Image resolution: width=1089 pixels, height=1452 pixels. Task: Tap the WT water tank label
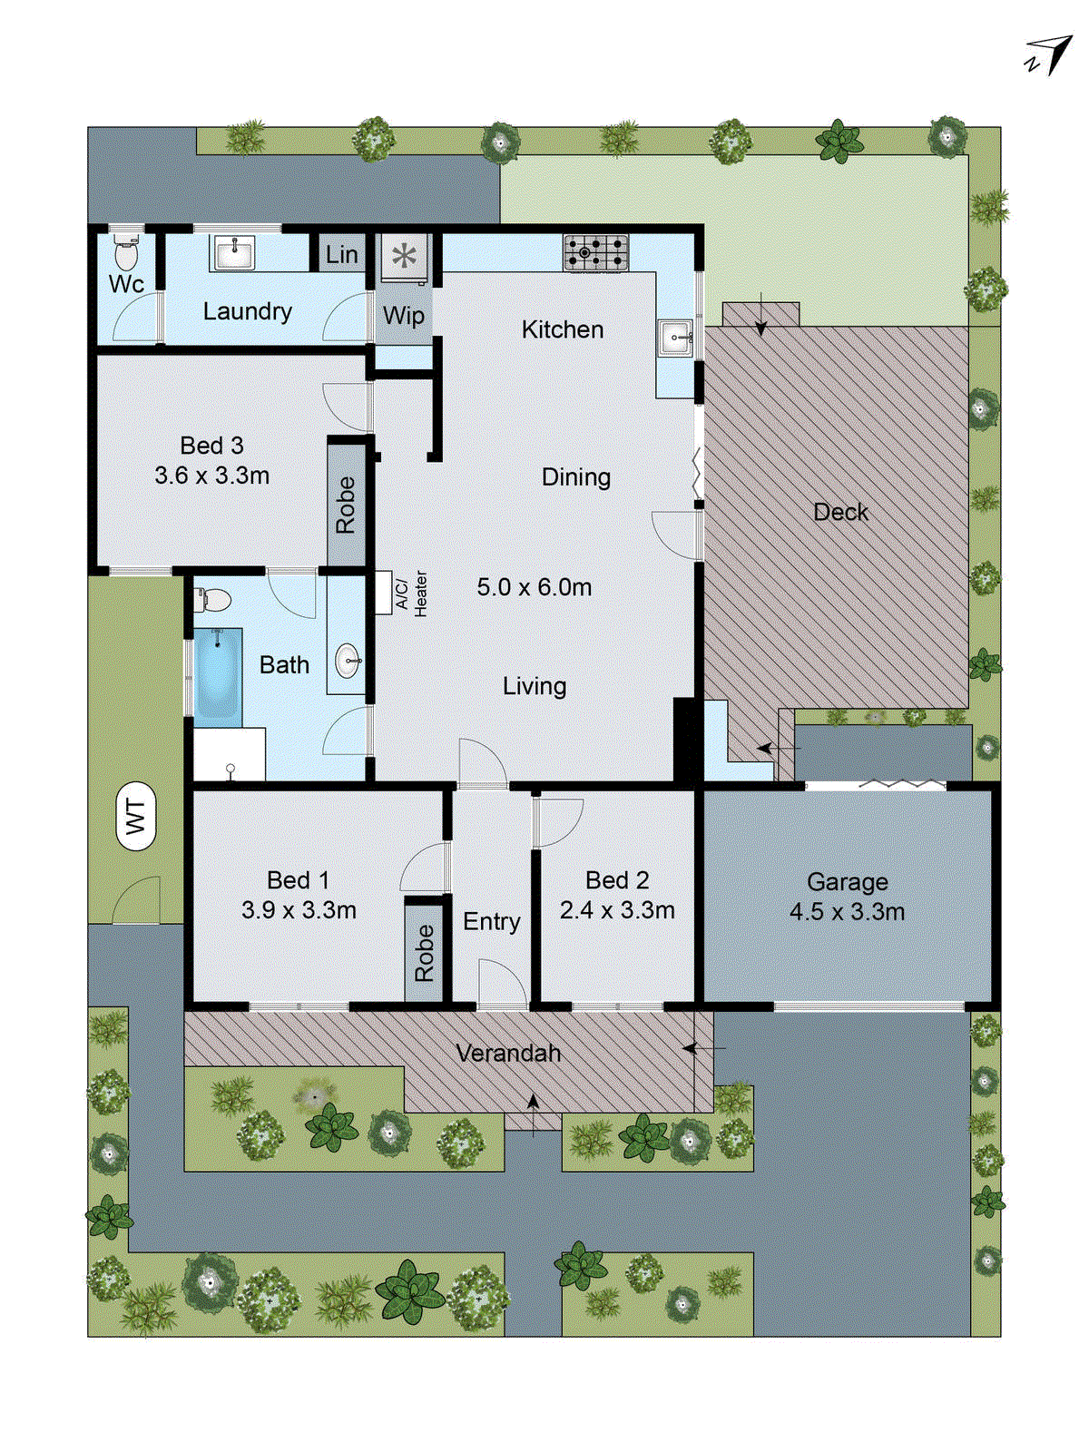(x=136, y=816)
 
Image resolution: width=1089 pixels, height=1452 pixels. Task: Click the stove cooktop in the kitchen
(x=595, y=252)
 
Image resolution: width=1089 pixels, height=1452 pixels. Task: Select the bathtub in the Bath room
(x=218, y=675)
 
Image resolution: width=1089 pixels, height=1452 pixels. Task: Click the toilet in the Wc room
(x=126, y=253)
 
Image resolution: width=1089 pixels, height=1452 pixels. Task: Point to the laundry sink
(x=234, y=252)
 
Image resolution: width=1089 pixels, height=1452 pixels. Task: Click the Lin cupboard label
(x=341, y=255)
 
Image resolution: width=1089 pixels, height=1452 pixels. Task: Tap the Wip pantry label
(x=403, y=316)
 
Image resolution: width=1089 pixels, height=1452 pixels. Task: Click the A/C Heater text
(x=411, y=594)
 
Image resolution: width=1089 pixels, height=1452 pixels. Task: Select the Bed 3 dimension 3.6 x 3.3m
(x=211, y=476)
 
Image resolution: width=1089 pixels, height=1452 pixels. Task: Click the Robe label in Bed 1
(x=424, y=953)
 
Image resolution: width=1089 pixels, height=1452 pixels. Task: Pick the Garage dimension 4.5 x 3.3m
(x=847, y=912)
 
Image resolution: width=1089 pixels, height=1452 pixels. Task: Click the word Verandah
(x=508, y=1053)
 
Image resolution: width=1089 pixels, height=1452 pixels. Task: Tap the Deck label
(x=840, y=512)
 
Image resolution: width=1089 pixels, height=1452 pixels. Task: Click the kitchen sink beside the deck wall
(x=677, y=338)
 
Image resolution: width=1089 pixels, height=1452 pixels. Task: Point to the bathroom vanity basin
(x=348, y=661)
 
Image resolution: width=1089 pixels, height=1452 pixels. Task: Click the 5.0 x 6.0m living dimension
(x=535, y=587)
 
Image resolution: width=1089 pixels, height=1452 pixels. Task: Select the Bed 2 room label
(x=617, y=880)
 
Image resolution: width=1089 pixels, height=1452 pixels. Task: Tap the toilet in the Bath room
(x=214, y=600)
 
